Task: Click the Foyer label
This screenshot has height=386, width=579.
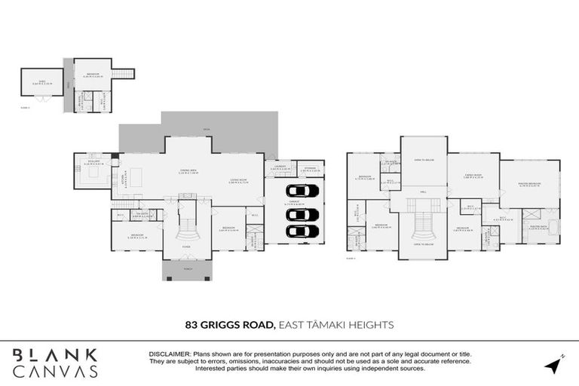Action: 185,246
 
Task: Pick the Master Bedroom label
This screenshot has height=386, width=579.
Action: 532,183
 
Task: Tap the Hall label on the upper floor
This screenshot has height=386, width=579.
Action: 424,191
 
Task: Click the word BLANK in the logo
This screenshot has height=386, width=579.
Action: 55,355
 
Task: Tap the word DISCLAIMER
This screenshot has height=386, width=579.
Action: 170,353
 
